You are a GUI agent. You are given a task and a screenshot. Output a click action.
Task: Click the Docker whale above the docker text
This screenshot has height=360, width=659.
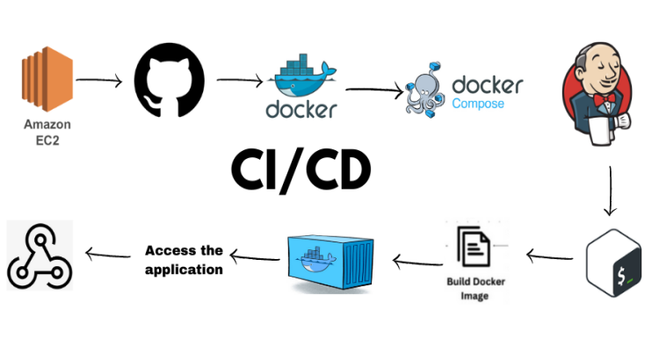coord(303,79)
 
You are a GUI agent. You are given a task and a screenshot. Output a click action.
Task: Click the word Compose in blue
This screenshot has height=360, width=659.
coord(478,104)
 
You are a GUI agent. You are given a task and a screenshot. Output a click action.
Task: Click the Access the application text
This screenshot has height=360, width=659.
coord(184,260)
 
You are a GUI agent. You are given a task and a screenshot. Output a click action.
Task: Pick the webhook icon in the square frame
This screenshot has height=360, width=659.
coord(40,254)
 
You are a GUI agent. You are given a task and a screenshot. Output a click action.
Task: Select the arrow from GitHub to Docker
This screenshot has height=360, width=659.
coord(239,81)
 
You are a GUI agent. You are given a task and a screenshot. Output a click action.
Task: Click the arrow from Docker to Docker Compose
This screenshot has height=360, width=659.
coord(374,89)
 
